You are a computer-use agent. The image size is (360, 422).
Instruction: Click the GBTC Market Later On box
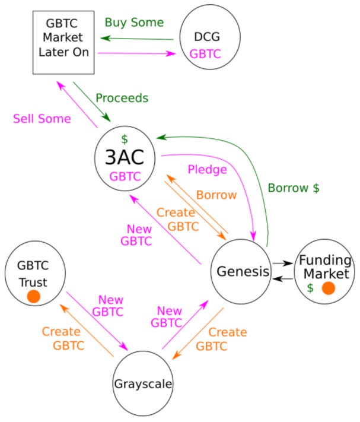[x=63, y=42]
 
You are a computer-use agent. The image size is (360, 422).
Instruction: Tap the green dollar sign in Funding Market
[x=310, y=288]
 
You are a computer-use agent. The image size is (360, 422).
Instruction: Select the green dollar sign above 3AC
[x=125, y=139]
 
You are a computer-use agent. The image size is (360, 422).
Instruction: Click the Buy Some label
[x=134, y=23]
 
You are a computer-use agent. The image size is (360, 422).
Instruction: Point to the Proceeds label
[x=122, y=97]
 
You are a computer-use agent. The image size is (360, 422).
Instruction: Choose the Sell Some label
[x=42, y=119]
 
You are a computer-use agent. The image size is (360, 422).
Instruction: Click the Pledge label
[x=207, y=170]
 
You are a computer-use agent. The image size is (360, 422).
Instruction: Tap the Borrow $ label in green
[x=294, y=188]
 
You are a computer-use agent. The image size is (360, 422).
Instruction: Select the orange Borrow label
[x=216, y=195]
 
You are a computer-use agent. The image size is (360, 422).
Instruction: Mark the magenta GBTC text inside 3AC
[x=125, y=176]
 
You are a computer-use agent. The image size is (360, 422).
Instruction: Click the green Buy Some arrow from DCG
[x=138, y=39]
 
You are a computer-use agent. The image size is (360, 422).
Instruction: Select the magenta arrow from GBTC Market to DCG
[x=138, y=53]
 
